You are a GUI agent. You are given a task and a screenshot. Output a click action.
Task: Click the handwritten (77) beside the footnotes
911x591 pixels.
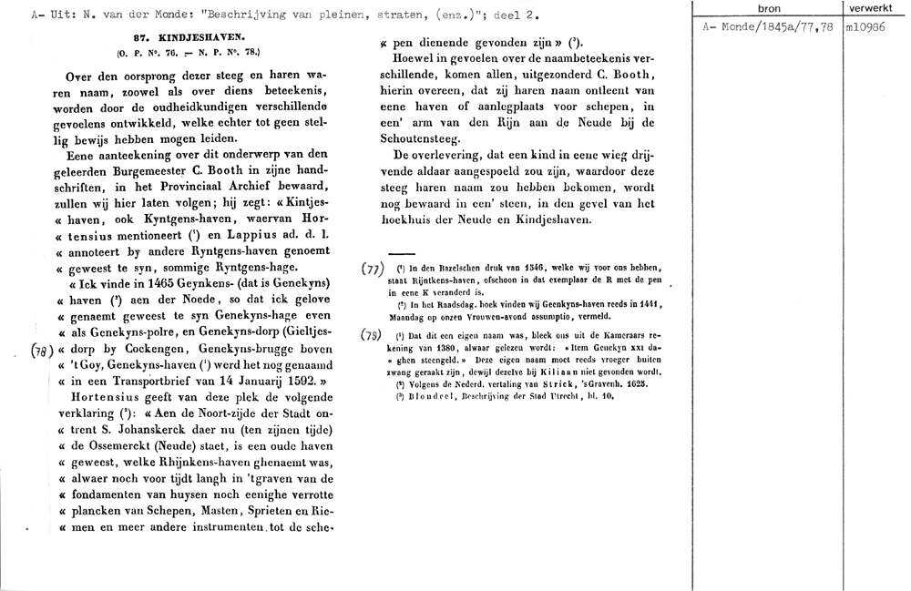(x=372, y=270)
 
